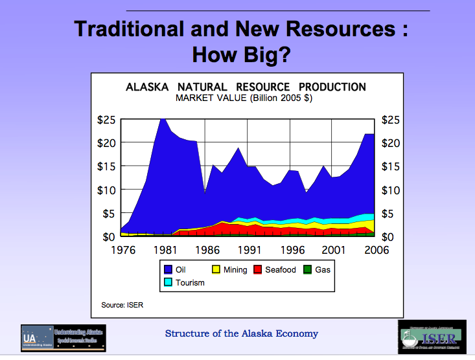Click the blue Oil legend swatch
tap(168, 269)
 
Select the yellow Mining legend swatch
tap(216, 269)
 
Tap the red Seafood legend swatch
tap(258, 269)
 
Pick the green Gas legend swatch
tap(308, 269)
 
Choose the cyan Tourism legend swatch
tap(168, 282)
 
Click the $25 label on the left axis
tap(107, 120)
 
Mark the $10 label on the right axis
tap(391, 190)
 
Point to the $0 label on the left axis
tap(110, 236)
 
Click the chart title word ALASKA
tap(147, 87)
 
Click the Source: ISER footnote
tap(122, 304)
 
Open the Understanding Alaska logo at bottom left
tap(63, 338)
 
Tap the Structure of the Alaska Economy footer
tap(242, 333)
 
